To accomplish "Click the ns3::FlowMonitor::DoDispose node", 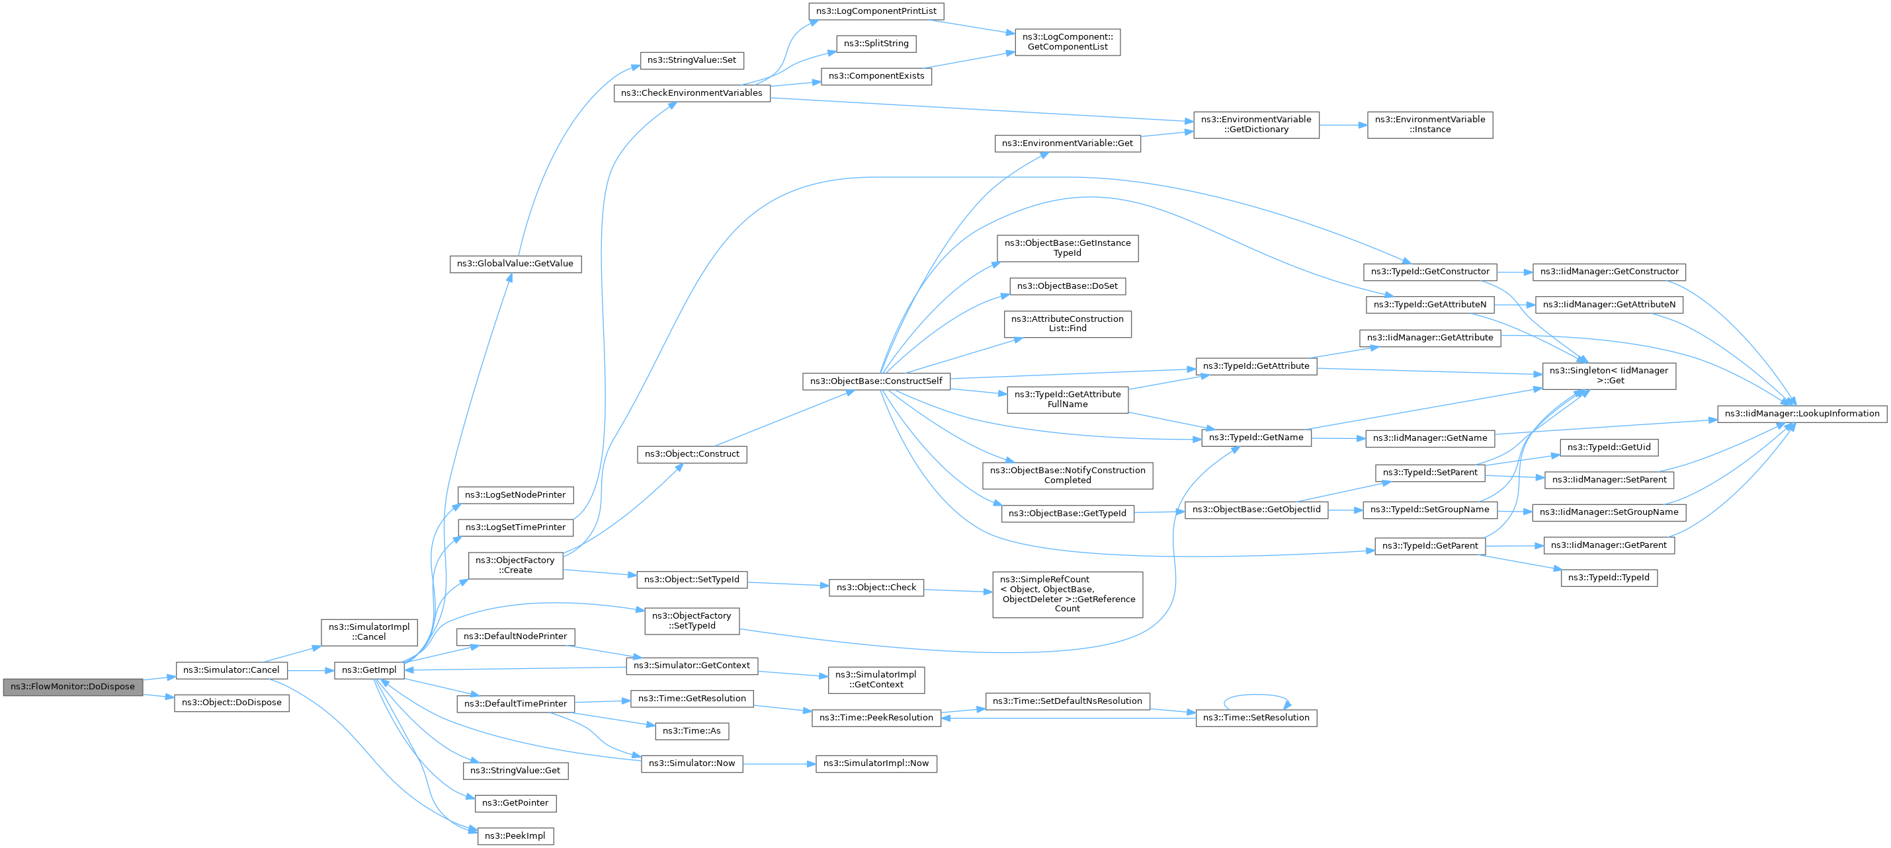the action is point(73,687).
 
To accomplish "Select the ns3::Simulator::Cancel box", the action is point(231,670).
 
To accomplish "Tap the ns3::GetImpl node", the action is point(369,670).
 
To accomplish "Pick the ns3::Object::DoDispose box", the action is point(232,703).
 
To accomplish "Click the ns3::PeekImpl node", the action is point(515,836).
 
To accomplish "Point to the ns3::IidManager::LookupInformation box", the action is point(1802,414).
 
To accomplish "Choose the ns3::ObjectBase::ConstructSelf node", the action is point(876,381).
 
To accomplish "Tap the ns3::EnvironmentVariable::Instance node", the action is point(1430,125).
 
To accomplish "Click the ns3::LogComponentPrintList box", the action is point(876,11).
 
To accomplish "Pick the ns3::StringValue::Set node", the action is point(693,60).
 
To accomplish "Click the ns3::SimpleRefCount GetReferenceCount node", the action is point(1068,595).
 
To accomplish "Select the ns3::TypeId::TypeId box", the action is point(1609,578).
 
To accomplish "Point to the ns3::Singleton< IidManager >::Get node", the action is point(1609,375).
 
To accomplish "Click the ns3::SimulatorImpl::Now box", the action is point(876,763).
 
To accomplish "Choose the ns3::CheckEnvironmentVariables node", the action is point(693,93).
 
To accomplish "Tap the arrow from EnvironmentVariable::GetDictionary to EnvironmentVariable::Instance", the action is point(1343,126).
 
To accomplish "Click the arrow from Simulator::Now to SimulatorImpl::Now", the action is point(780,764).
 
